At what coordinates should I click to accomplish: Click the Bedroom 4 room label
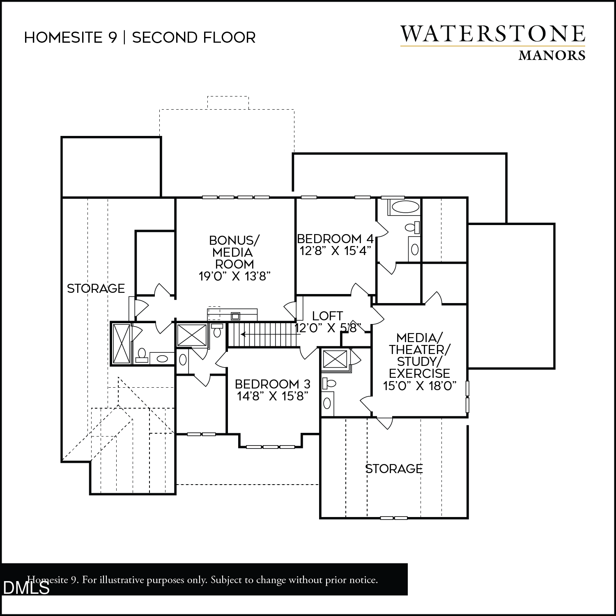tap(335, 239)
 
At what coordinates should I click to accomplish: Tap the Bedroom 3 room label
tap(273, 384)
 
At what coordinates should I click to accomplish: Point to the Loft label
tap(327, 316)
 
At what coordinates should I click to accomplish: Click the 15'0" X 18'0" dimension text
tap(420, 386)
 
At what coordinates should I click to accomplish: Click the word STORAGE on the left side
tap(96, 288)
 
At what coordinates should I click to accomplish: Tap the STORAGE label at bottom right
tap(394, 469)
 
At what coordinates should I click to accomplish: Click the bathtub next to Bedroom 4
tap(405, 207)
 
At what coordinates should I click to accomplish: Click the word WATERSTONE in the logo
tap(493, 34)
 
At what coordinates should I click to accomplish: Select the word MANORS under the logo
tap(552, 55)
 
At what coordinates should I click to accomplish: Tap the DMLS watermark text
tap(26, 588)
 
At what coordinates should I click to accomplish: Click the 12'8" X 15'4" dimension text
tap(336, 251)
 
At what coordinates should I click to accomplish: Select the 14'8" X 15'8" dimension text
tap(273, 396)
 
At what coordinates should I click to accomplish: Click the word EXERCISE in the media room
tap(420, 373)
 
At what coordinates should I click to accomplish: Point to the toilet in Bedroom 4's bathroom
tap(411, 227)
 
